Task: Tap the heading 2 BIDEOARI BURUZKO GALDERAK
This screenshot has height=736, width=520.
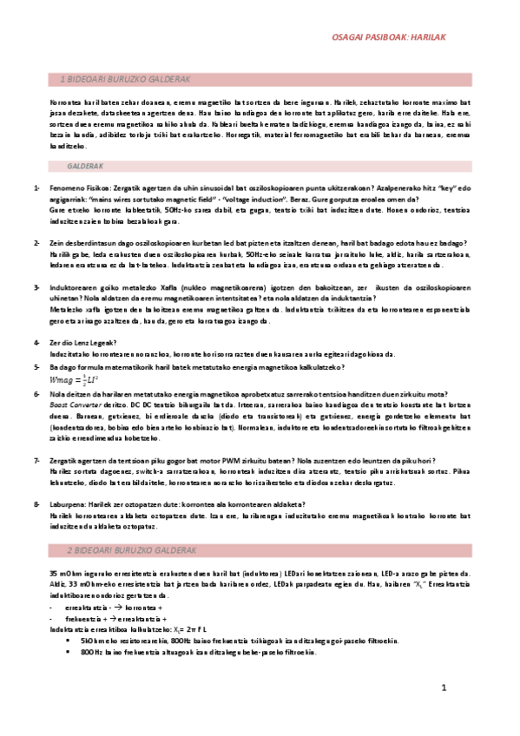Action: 130,551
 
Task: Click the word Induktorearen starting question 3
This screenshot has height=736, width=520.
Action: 74,287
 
